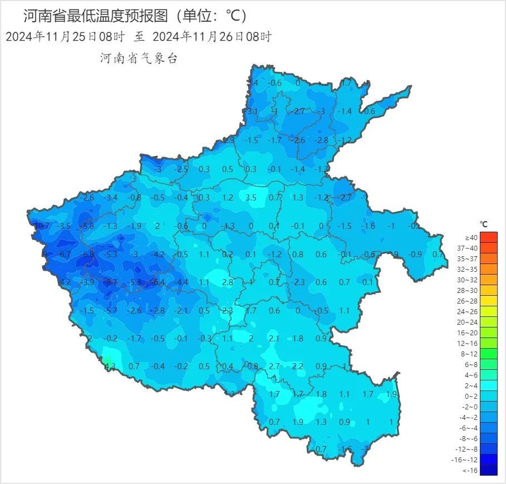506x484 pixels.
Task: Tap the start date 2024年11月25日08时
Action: coord(65,37)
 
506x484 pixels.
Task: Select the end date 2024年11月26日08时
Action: coord(212,37)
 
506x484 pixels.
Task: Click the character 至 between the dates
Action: coord(139,37)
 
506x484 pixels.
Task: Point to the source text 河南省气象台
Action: coord(139,58)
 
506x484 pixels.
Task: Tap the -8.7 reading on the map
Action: coord(111,282)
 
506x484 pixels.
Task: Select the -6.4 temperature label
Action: coord(158,282)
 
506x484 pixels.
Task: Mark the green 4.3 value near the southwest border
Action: coord(110,366)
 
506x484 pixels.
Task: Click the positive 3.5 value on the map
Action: coord(250,197)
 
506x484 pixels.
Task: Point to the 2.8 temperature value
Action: coord(227,282)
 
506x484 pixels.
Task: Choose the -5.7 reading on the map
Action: coord(111,311)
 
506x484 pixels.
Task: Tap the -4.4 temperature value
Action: coord(181,282)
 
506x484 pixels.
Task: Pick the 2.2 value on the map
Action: coord(298,366)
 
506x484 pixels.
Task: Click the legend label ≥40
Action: coord(471,238)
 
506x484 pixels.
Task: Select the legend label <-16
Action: coord(471,471)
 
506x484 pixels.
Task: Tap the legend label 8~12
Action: coord(471,354)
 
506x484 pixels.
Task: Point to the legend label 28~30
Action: coord(471,291)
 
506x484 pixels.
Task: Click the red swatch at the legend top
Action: coord(489,238)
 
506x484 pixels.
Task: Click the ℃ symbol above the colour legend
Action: coord(484,224)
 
